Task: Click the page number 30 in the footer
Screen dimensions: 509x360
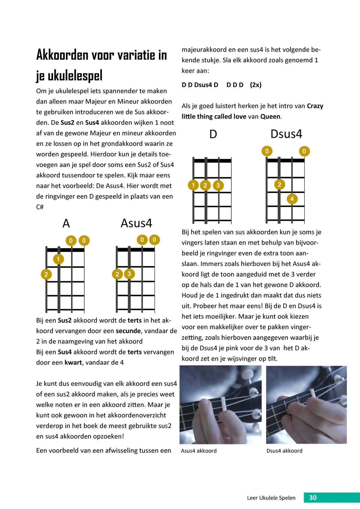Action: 313,498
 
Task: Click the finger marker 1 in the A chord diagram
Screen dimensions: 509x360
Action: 58,259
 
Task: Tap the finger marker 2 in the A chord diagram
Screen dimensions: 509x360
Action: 46,274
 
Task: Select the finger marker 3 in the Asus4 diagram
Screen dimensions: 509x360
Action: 129,274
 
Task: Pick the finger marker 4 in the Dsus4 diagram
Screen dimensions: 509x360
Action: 292,199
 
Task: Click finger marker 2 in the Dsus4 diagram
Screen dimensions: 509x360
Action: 279,184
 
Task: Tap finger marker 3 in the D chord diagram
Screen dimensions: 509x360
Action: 218,185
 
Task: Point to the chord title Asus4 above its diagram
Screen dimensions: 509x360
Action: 136,223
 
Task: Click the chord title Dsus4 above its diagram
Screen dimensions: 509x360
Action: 286,134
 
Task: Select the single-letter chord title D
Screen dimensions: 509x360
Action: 213,134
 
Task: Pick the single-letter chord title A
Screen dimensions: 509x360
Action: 66,223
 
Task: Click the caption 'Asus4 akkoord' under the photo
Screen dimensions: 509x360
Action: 199,451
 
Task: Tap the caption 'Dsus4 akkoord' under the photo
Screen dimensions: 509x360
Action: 284,451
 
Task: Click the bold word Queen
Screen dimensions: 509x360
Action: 270,116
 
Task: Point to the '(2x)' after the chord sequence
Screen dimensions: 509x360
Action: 256,85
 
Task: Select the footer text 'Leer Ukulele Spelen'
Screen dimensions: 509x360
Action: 271,498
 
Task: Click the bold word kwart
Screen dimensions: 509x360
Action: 73,362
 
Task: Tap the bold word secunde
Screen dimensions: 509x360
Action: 128,331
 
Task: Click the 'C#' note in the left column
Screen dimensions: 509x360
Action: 40,207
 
